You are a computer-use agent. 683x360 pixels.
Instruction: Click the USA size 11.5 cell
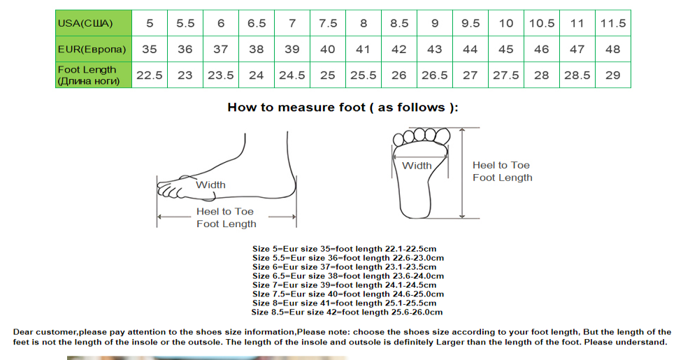click(613, 23)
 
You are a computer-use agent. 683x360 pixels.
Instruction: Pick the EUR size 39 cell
click(292, 49)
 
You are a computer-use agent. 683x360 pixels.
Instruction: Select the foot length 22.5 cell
click(150, 75)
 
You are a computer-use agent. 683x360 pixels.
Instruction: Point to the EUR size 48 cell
click(613, 49)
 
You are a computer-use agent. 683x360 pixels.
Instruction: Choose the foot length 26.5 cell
click(435, 75)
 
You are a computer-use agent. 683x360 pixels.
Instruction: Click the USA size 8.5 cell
click(399, 23)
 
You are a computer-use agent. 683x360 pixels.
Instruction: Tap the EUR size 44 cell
click(470, 49)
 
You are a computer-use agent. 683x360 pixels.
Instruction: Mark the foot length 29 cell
click(613, 75)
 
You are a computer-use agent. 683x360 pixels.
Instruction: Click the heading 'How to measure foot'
click(343, 108)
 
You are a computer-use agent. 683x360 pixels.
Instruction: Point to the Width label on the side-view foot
click(211, 185)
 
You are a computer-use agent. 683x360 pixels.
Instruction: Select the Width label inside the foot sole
click(417, 166)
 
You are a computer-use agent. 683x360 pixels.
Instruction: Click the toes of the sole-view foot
click(422, 136)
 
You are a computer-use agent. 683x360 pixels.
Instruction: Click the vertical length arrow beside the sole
click(463, 173)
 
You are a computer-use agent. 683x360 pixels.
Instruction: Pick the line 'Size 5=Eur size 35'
click(344, 249)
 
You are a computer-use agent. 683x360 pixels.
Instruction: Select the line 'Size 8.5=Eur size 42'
click(347, 312)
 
